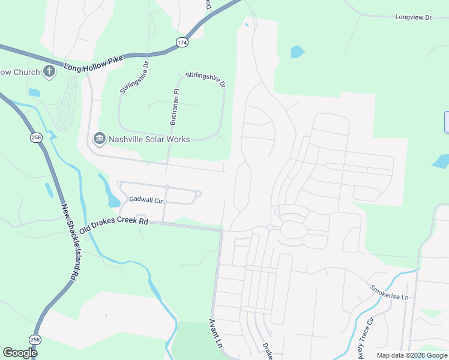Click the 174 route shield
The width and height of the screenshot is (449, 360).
coord(182,41)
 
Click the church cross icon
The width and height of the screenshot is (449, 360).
coord(50,72)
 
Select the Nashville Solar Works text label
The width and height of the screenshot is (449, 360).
coord(149,139)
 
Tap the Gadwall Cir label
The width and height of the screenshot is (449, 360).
coord(146,199)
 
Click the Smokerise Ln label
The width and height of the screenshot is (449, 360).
coord(389,293)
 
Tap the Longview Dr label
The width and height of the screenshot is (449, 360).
coord(414,17)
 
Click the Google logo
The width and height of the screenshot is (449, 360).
coord(20,353)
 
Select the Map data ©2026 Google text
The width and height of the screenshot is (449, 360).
coord(412,355)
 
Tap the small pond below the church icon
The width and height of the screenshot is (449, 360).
coord(34,93)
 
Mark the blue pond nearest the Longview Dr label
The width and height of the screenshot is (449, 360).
coord(297,52)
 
